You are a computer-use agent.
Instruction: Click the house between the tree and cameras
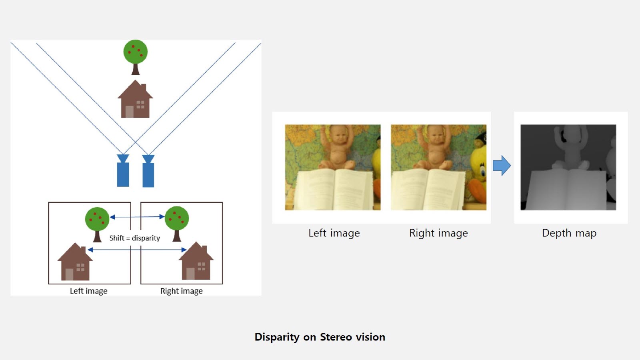coord(135,100)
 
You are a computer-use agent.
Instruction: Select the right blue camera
coord(148,172)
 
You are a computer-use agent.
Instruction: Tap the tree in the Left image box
coord(97,222)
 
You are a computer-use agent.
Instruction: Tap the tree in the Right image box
coord(176,222)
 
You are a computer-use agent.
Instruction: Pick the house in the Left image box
coord(75,263)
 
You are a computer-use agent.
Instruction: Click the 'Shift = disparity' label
coord(135,238)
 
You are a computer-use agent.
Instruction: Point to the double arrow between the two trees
coord(137,217)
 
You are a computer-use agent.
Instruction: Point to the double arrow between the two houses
coord(137,250)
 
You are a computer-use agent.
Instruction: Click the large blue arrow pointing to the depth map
coord(502,166)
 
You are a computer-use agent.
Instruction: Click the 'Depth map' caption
coord(569,233)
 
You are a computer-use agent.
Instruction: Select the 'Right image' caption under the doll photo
coord(438,233)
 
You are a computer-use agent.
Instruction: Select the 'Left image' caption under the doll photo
coord(334,233)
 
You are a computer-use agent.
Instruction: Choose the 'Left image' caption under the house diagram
coord(88,291)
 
